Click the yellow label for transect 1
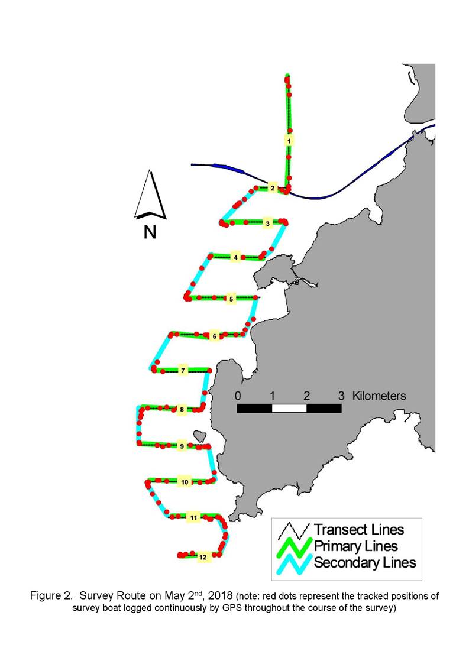(x=289, y=140)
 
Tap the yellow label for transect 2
(x=273, y=188)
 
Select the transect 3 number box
(x=268, y=223)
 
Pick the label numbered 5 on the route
(x=231, y=299)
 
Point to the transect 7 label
(x=183, y=371)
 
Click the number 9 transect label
(x=182, y=446)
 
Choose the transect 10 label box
(x=185, y=482)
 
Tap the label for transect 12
(x=203, y=557)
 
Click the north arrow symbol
(x=150, y=195)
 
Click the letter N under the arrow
(x=150, y=232)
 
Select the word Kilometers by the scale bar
(x=379, y=396)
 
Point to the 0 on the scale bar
(x=238, y=396)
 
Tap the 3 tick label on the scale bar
(x=341, y=396)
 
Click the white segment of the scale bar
(x=289, y=408)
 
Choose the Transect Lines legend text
(x=359, y=529)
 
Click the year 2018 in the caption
(x=221, y=595)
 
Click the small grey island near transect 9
(x=199, y=436)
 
